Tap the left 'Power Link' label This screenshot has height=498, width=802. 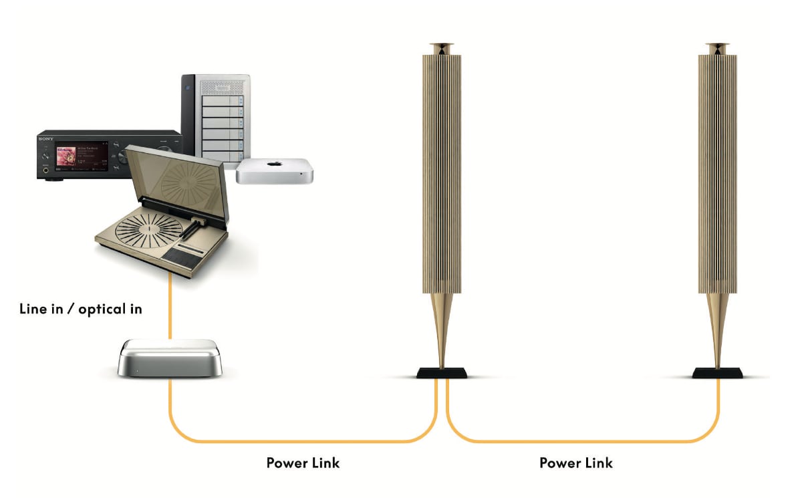coord(303,463)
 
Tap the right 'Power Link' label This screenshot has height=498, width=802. coord(575,463)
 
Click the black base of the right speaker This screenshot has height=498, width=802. coord(716,373)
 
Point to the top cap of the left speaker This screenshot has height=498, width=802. coord(442,48)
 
